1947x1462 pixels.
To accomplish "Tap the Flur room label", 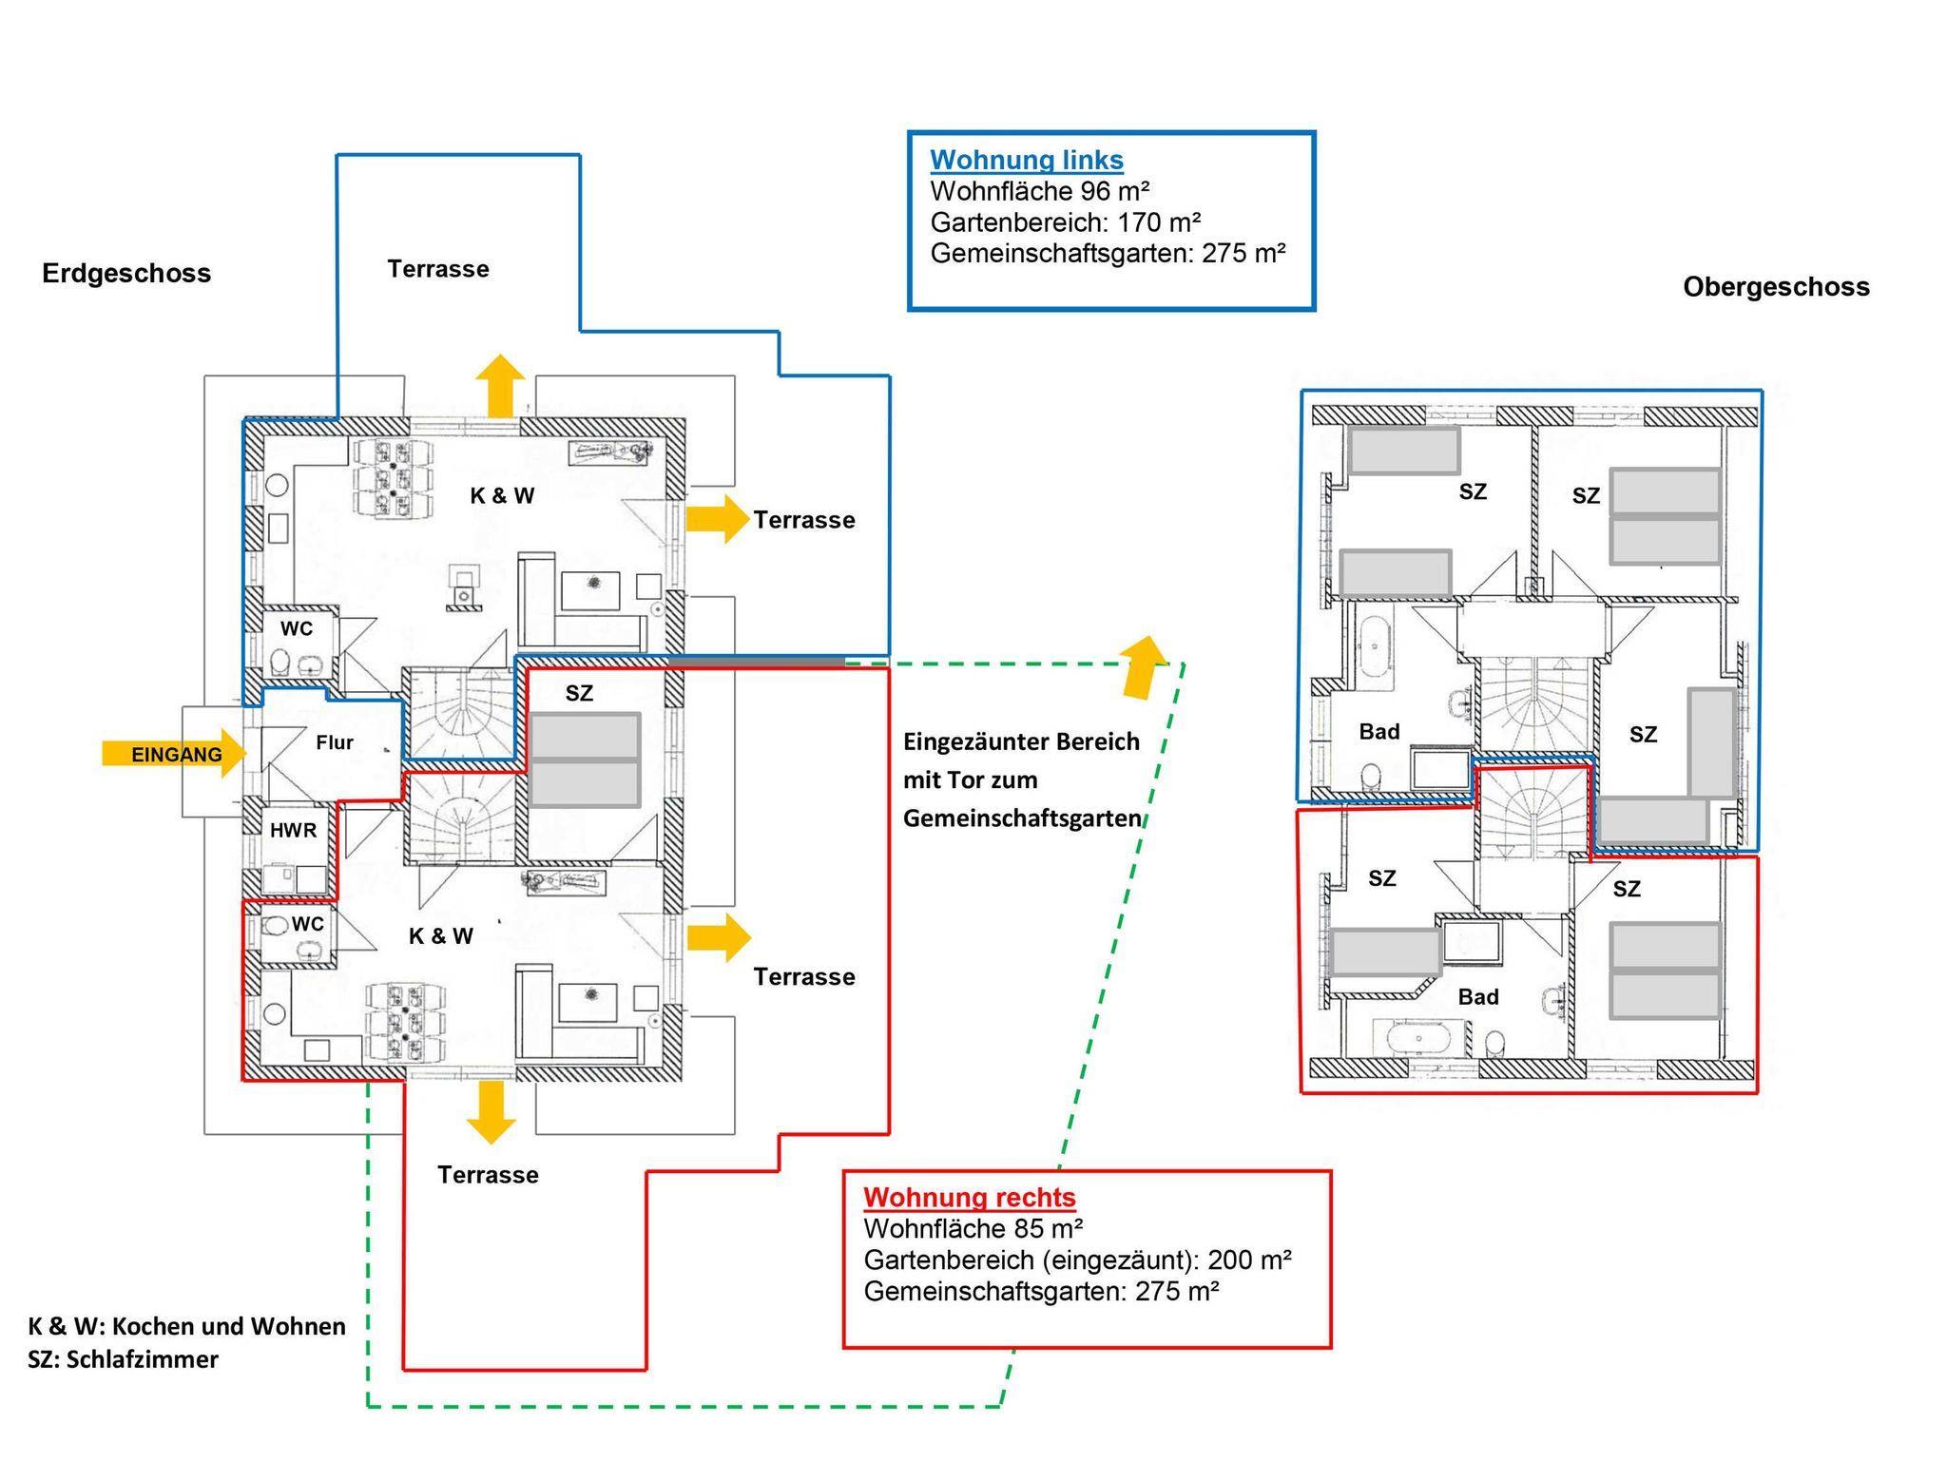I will pos(335,742).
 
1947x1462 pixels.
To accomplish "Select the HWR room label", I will pos(293,830).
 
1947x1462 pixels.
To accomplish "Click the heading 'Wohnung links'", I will pos(1026,160).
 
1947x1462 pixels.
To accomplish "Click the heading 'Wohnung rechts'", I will pos(969,1197).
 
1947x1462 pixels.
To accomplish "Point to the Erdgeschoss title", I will pos(126,274).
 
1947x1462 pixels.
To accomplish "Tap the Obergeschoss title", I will pos(1775,287).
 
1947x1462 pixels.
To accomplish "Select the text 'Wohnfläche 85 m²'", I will pos(973,1228).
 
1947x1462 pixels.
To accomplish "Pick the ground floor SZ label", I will pos(579,694).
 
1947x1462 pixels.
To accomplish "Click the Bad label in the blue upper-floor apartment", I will pos(1378,731).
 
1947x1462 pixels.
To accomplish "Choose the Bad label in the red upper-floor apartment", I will pos(1477,996).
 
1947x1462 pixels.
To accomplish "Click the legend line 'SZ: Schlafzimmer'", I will pos(123,1359).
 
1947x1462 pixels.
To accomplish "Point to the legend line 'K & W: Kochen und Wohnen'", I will pos(186,1326).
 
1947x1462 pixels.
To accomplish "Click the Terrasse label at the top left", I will pos(438,269).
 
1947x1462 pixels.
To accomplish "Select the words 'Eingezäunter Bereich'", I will pos(1020,741).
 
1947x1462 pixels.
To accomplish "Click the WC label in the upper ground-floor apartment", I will pos(296,628).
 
